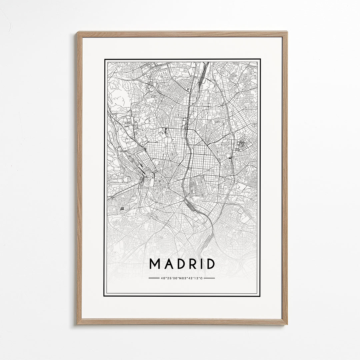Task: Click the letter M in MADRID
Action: pos(155,264)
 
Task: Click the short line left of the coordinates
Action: pos(154,278)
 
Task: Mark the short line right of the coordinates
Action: pos(209,278)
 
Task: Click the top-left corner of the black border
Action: pos(105,60)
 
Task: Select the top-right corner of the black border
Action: pos(260,60)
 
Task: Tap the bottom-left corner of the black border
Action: pos(104,296)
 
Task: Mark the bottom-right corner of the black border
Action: pos(260,296)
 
